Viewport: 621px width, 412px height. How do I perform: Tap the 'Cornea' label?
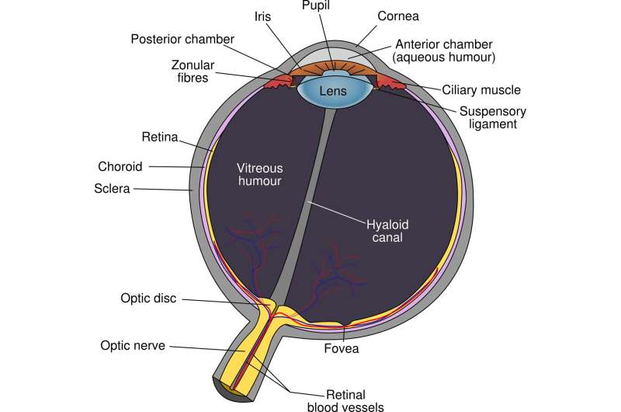click(x=399, y=16)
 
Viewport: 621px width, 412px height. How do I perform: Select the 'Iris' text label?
click(x=262, y=15)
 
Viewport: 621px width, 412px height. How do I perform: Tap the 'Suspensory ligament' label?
click(x=487, y=117)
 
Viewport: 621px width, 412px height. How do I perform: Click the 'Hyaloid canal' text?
click(x=387, y=231)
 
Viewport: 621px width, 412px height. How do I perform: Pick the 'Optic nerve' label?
click(x=133, y=344)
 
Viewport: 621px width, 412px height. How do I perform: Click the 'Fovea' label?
click(x=341, y=349)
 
